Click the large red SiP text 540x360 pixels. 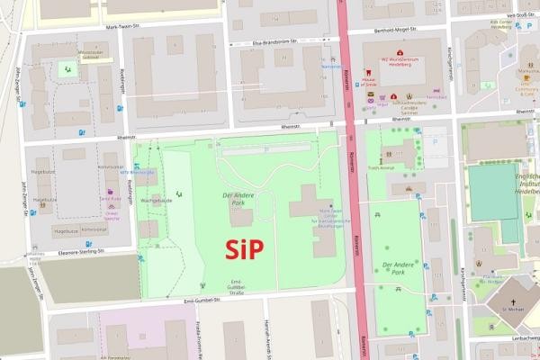pyautogui.click(x=244, y=249)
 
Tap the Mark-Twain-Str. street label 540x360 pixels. pyautogui.click(x=124, y=26)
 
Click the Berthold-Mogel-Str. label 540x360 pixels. pyautogui.click(x=393, y=30)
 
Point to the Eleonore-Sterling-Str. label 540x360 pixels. pyautogui.click(x=77, y=252)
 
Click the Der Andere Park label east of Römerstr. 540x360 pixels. pyautogui.click(x=400, y=267)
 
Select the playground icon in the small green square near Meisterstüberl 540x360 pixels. pyautogui.click(x=65, y=67)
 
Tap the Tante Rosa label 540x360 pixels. pyautogui.click(x=110, y=199)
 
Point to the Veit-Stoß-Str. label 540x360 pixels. pyautogui.click(x=523, y=14)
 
